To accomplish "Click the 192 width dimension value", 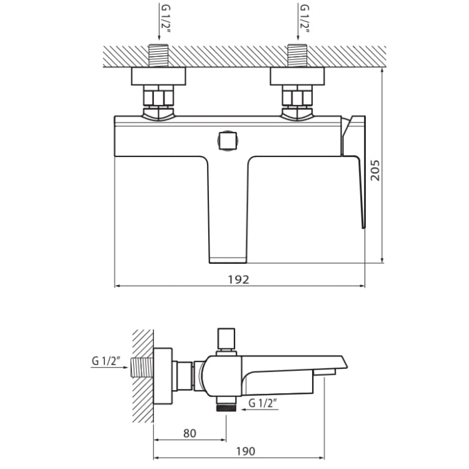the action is click(x=238, y=280).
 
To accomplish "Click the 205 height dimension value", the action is click(x=375, y=170).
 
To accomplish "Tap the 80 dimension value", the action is click(x=189, y=433).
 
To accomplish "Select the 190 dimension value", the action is click(x=246, y=451).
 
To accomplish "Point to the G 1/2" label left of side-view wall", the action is click(x=106, y=361).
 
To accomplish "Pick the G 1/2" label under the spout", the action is click(x=263, y=403).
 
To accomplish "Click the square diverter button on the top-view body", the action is click(x=228, y=141).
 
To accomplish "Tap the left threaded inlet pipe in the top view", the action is click(x=159, y=56).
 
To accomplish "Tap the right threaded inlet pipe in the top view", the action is click(x=297, y=56).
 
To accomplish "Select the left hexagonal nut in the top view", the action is click(x=159, y=96).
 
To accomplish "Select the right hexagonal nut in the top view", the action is click(x=297, y=96).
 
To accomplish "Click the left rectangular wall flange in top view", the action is click(x=159, y=76).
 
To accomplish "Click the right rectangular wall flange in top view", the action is click(x=297, y=76).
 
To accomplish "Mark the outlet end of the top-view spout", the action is click(x=228, y=260).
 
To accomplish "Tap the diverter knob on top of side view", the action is click(x=226, y=339).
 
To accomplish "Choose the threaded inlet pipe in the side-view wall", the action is click(x=142, y=367).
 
